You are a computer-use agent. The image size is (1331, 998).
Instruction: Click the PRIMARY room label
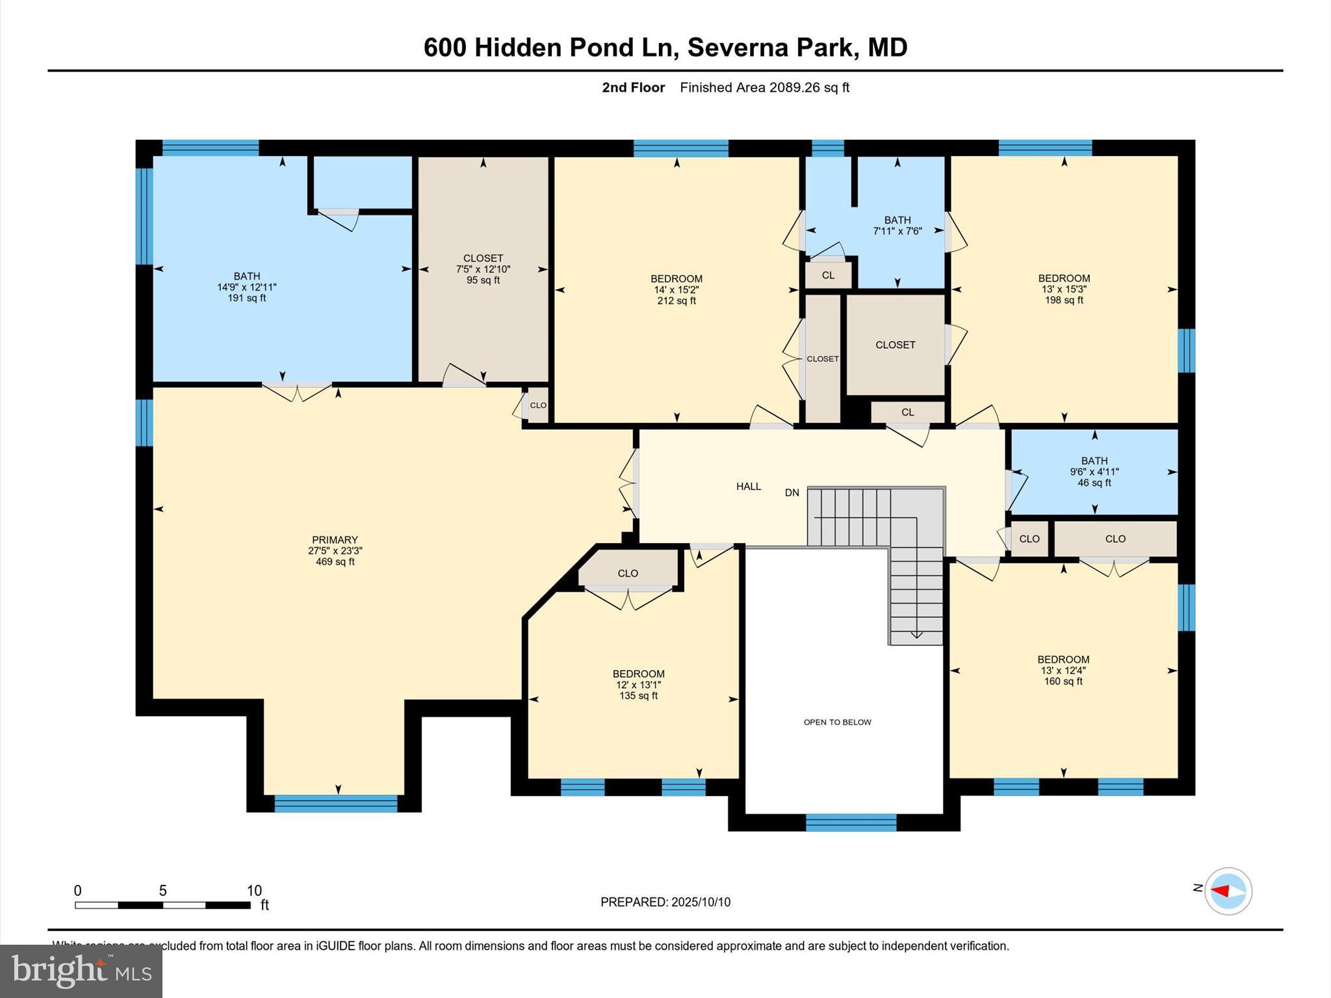335,540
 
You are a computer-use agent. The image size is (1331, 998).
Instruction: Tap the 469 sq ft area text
335,562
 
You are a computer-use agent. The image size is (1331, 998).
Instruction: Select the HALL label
748,487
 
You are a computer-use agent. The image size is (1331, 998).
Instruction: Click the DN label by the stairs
792,493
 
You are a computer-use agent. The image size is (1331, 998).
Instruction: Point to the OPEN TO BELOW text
837,723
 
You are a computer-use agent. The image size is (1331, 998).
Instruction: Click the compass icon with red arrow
1228,891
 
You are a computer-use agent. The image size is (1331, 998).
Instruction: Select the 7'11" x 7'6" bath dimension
897,231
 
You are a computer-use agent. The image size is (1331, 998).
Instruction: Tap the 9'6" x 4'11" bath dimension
1094,472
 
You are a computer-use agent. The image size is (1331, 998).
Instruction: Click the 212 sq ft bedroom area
676,301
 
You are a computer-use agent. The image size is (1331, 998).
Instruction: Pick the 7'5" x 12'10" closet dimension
483,270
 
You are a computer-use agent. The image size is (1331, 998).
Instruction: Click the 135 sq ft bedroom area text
638,696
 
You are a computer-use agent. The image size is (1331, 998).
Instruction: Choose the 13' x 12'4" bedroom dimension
1063,671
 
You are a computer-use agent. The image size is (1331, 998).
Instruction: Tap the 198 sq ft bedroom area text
1063,300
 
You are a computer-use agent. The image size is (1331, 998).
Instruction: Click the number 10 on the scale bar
253,891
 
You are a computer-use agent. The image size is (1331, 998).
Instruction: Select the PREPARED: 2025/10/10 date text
665,902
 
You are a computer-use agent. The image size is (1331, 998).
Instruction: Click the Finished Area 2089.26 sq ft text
764,88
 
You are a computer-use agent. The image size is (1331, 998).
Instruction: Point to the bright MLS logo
81,971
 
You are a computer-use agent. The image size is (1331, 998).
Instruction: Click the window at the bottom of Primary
335,804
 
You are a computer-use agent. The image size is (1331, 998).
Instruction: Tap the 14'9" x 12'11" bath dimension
246,287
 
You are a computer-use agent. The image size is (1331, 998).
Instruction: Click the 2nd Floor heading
633,88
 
